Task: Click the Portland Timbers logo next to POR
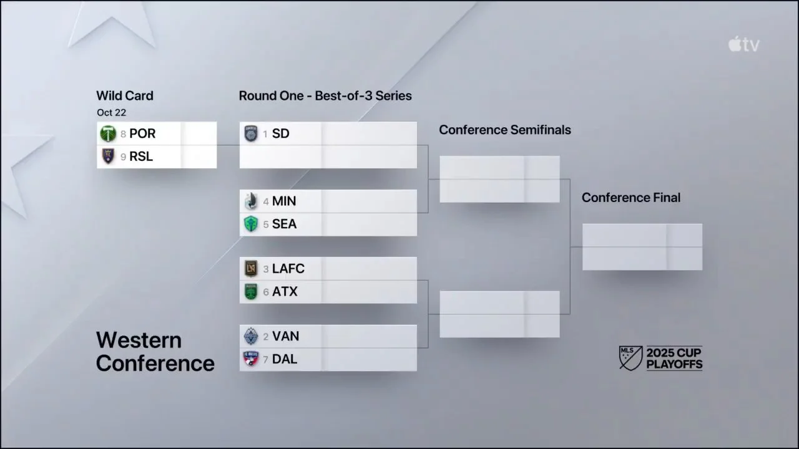[108, 133]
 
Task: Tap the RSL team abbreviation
[141, 157]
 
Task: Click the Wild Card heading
[124, 95]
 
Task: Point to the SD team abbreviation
[280, 133]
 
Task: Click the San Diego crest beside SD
[250, 133]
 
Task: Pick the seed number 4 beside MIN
[266, 201]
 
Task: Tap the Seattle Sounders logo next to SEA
[250, 224]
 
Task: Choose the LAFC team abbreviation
[288, 269]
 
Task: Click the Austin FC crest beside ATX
[250, 291]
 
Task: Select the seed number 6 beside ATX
[266, 292]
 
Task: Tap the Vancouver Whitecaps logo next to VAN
[250, 336]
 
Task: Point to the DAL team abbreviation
[285, 359]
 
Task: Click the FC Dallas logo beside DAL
[250, 359]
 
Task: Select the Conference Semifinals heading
[504, 130]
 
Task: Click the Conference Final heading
[630, 197]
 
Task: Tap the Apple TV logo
[743, 44]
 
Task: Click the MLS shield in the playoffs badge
[630, 358]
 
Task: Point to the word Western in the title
[139, 340]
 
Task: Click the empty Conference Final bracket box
[642, 247]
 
